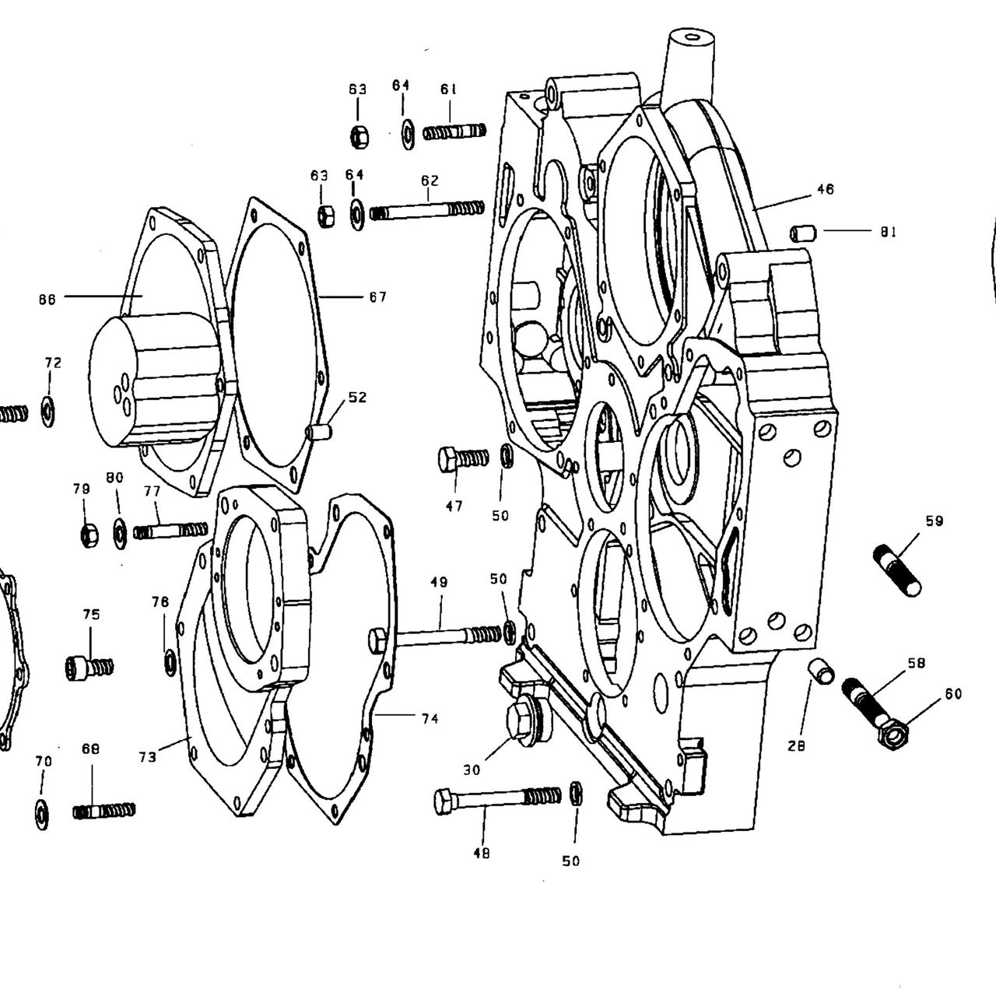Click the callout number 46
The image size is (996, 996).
click(x=826, y=189)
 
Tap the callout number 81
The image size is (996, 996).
click(x=888, y=232)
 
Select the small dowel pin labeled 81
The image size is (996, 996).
click(x=803, y=233)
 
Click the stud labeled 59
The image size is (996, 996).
click(x=897, y=571)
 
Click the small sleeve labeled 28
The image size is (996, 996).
click(x=821, y=670)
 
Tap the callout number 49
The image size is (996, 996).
click(x=440, y=583)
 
